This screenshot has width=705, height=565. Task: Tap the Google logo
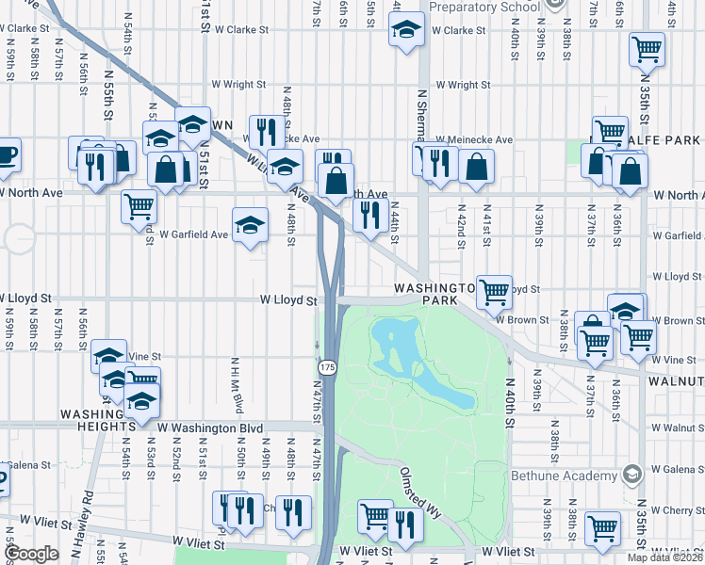(31, 555)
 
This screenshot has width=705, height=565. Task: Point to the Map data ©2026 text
(665, 557)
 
